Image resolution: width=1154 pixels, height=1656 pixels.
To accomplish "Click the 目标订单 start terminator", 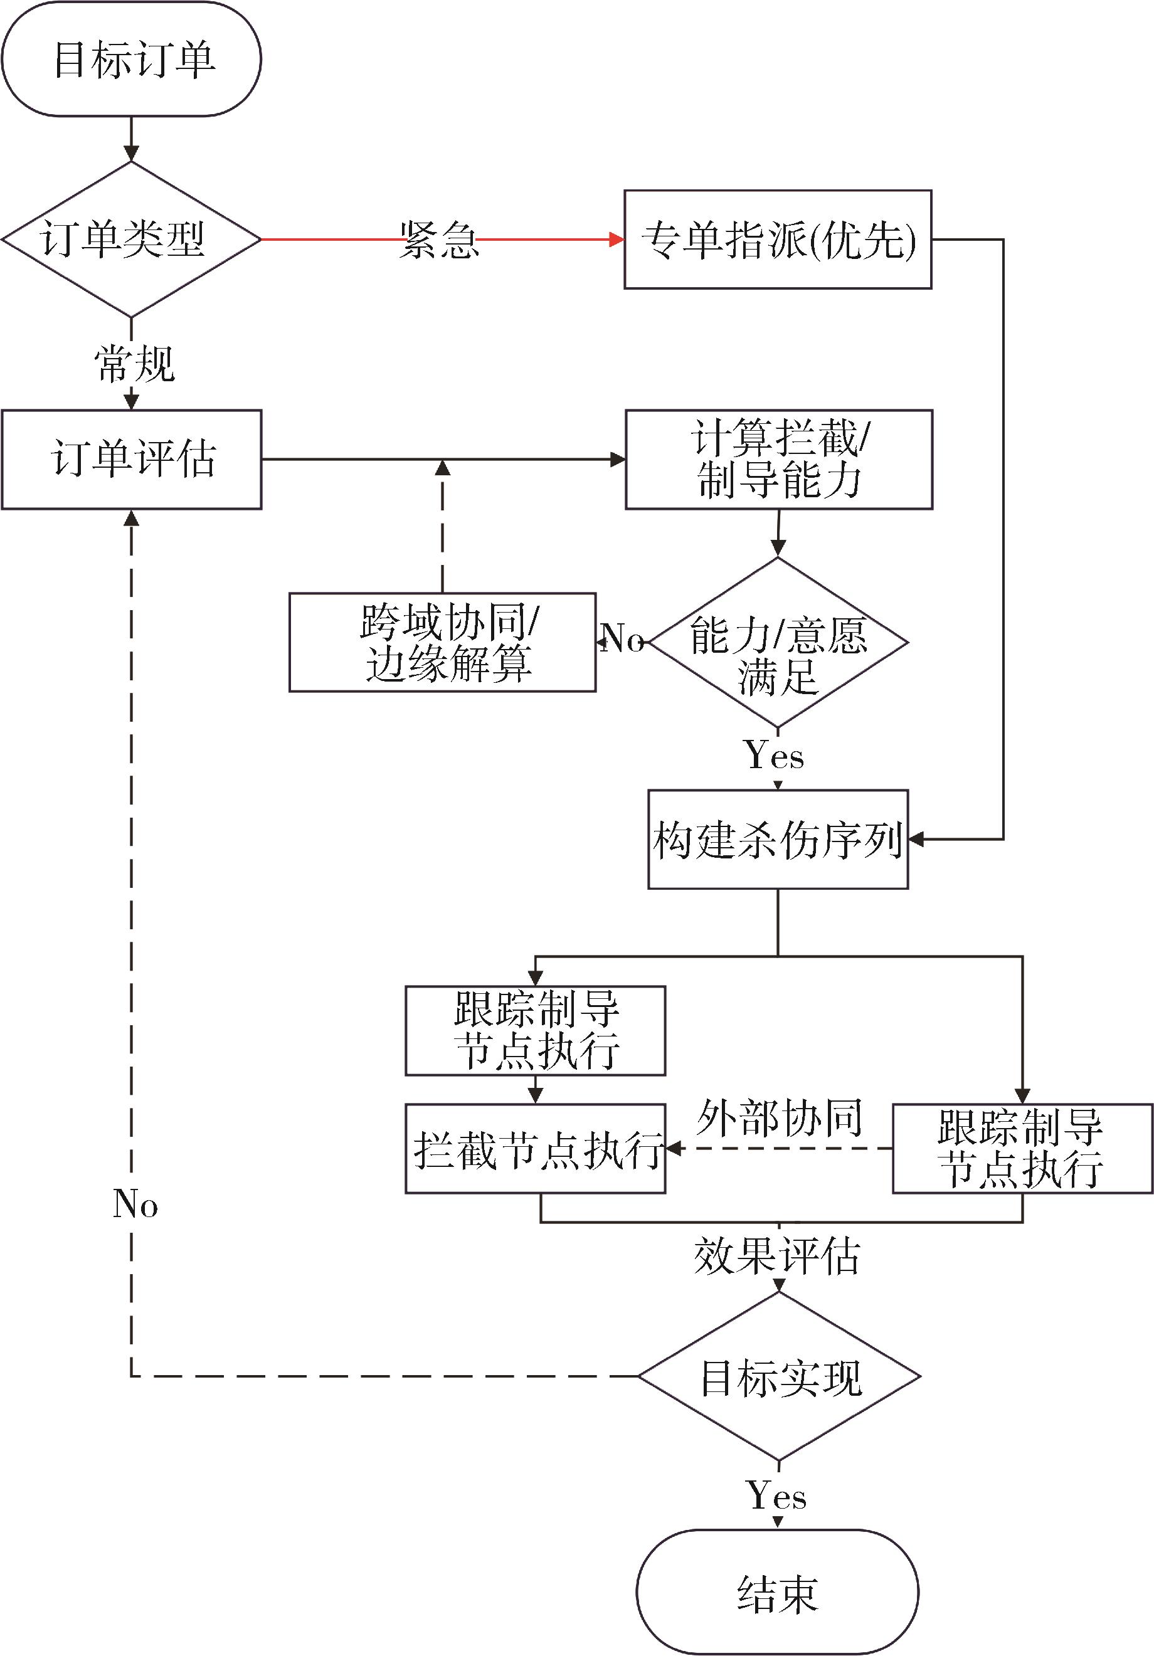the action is click(x=131, y=58).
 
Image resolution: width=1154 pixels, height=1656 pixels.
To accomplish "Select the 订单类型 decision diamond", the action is click(x=131, y=240).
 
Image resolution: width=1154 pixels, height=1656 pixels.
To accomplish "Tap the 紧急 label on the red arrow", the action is click(x=439, y=240).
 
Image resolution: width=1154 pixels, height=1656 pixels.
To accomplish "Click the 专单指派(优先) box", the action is click(x=778, y=240).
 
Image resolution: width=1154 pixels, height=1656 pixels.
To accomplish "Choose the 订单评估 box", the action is click(x=131, y=460).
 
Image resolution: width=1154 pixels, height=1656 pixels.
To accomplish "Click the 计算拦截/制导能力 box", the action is click(x=779, y=460).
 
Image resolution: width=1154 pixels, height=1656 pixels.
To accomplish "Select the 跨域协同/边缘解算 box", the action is click(x=443, y=642).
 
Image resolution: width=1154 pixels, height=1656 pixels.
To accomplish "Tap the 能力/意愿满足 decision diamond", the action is click(x=778, y=642).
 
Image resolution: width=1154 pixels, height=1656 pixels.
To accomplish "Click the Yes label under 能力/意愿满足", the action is click(x=774, y=755).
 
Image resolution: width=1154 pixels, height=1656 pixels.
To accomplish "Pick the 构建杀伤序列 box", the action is click(x=778, y=839).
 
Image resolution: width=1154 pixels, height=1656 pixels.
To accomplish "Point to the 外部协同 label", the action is click(x=779, y=1118).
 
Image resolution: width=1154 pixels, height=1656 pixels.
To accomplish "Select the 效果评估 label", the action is click(x=778, y=1256).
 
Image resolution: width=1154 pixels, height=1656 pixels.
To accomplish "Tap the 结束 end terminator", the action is click(x=778, y=1592).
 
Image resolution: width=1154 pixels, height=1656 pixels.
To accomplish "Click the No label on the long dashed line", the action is click(x=135, y=1203).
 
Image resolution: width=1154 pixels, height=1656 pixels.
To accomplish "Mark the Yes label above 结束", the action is click(x=776, y=1494).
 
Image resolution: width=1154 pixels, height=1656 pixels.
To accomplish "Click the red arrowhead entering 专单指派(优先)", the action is click(x=617, y=240).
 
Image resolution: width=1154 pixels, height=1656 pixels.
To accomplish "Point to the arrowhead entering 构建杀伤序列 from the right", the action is click(x=916, y=839).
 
